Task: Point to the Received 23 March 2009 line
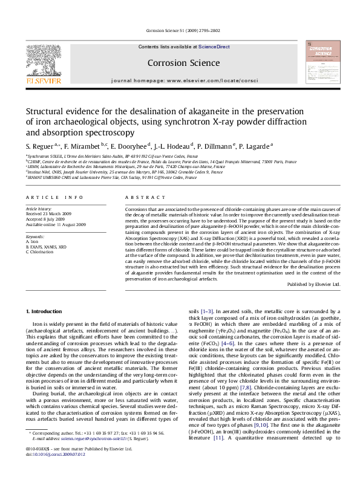(51, 213)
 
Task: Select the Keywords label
(35, 236)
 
